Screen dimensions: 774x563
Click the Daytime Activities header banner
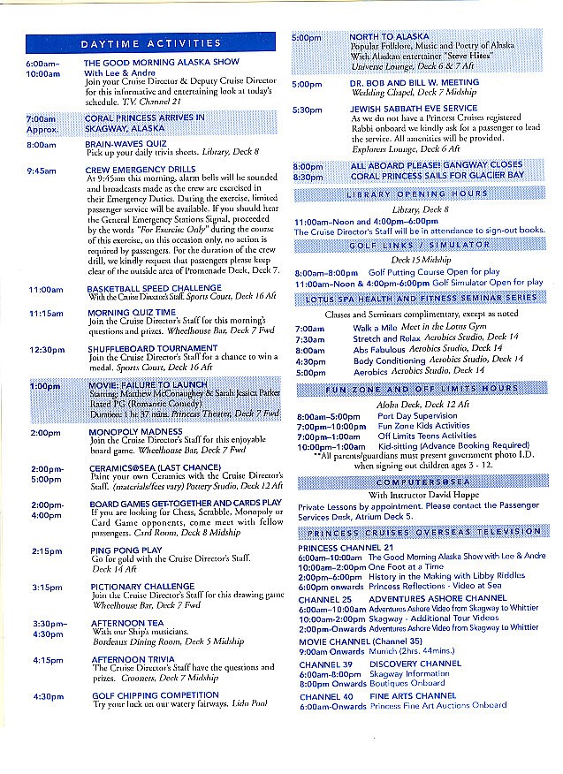(x=150, y=43)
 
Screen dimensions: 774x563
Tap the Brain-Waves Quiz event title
(x=126, y=143)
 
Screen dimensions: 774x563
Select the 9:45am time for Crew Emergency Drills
(x=42, y=170)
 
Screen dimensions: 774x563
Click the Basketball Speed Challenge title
(x=152, y=289)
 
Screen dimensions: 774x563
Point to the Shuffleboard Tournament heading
(x=151, y=348)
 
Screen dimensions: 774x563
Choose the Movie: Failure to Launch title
(x=148, y=385)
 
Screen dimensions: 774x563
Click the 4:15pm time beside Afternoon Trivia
(x=47, y=659)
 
